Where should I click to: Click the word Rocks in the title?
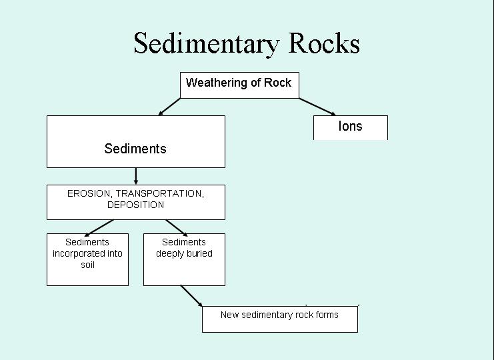pos(325,44)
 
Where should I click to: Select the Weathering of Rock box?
pos(239,85)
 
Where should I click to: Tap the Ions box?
pos(350,127)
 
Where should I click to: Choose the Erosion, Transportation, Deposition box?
pos(135,201)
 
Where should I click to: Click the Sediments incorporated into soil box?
pos(87,259)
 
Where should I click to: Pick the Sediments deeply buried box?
pos(184,259)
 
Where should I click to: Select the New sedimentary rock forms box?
pos(279,319)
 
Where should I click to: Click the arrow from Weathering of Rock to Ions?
pos(317,107)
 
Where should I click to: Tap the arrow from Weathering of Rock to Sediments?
pos(169,107)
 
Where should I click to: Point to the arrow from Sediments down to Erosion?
pos(136,176)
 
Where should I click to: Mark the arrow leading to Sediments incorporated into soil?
pos(99,227)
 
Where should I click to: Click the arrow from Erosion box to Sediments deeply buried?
pos(176,227)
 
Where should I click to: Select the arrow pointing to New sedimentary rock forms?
pos(191,296)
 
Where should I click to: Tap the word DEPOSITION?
pos(135,205)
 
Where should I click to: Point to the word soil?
pos(87,265)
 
